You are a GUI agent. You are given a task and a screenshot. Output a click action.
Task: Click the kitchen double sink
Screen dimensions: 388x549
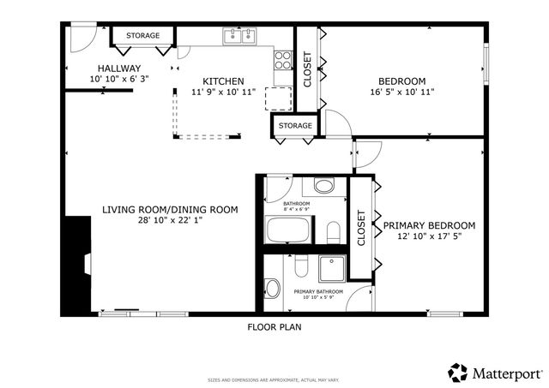pos(239,36)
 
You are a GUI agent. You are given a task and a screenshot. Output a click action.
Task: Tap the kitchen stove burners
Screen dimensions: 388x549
pos(282,60)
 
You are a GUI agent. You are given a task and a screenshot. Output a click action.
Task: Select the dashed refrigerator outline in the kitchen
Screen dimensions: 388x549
pos(277,98)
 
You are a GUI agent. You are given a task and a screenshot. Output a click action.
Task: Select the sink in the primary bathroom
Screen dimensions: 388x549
pos(272,288)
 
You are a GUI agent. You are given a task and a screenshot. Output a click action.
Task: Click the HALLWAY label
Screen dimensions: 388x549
pos(119,69)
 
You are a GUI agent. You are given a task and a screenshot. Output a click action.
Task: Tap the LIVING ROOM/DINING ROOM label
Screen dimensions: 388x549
pos(170,209)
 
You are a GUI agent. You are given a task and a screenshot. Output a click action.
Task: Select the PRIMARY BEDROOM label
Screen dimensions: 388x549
pos(429,226)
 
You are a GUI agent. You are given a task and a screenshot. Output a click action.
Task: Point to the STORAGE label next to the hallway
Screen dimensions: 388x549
pos(142,36)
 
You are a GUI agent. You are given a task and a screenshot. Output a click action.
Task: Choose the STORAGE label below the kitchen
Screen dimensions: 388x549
pos(295,127)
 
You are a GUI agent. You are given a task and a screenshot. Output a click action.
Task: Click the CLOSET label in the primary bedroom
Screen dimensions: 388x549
pos(361,228)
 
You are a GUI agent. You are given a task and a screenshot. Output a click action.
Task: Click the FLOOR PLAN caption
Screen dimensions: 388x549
pos(274,326)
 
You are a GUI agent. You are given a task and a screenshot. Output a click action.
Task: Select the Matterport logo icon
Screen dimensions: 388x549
pos(458,373)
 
